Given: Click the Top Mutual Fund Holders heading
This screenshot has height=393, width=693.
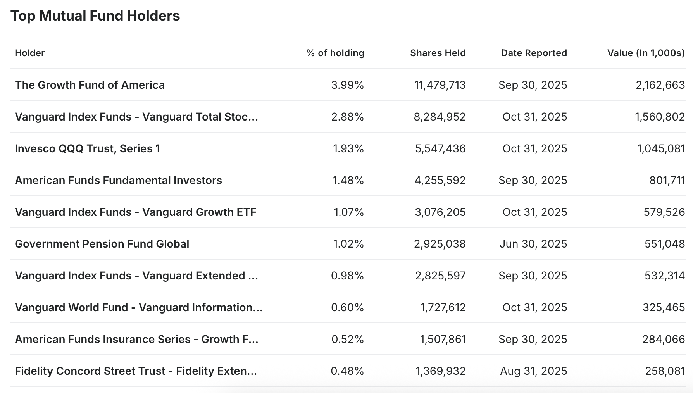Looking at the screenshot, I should pos(95,16).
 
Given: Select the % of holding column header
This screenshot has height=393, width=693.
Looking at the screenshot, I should pos(335,53).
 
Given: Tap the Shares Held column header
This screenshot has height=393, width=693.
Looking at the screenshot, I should pos(438,53).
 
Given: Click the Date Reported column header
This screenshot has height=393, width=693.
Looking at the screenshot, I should pos(534,53).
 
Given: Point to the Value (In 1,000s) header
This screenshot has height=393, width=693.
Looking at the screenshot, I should pos(646,53).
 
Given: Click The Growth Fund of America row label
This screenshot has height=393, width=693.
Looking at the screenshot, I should pos(90,85).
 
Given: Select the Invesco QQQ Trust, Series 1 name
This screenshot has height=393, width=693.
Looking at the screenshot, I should pos(87,148).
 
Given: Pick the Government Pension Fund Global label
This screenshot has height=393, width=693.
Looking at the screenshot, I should pos(102,244).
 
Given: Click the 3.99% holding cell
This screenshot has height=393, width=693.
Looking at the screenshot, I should pos(347,85).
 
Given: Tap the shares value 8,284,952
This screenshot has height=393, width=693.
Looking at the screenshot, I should pos(440,117).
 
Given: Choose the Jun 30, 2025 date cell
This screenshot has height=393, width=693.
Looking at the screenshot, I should pos(533,244).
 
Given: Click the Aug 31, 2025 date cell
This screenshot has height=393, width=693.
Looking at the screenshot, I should pos(533,371).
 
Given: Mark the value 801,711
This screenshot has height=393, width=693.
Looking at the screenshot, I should pos(667,180).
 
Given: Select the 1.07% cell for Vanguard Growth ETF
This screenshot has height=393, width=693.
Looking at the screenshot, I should pos(348,212).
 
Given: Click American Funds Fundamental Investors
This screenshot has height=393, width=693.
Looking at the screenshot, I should pos(118,180).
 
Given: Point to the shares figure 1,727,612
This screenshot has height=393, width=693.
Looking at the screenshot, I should pos(443,307).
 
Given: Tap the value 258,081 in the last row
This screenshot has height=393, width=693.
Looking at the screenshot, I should pos(665,371).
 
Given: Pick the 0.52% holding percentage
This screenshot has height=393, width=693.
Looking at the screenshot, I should pos(347,339).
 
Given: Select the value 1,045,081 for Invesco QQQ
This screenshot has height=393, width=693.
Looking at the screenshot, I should pos(661,148).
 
